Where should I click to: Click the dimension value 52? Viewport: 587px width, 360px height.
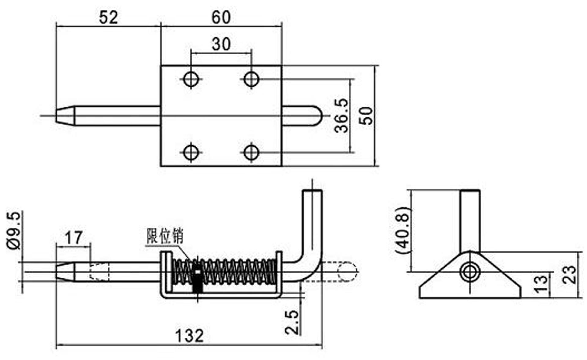pyautogui.click(x=108, y=17)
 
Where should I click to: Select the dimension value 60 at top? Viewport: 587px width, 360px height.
pyautogui.click(x=221, y=17)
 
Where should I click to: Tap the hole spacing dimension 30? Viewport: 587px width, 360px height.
pyautogui.click(x=221, y=44)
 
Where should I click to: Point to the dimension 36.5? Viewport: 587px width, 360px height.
pyautogui.click(x=341, y=116)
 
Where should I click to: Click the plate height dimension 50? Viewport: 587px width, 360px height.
pyautogui.click(x=366, y=116)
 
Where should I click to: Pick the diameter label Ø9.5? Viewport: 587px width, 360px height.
pyautogui.click(x=14, y=231)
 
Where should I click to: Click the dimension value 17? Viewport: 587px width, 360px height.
pyautogui.click(x=74, y=238)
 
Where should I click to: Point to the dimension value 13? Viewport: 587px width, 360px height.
pyautogui.click(x=541, y=284)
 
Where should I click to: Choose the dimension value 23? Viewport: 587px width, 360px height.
pyautogui.click(x=569, y=275)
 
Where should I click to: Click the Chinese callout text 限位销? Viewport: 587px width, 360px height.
pyautogui.click(x=165, y=236)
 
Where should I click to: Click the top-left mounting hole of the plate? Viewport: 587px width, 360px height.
pyautogui.click(x=191, y=79)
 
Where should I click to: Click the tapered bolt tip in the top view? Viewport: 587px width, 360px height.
pyautogui.click(x=65, y=116)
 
